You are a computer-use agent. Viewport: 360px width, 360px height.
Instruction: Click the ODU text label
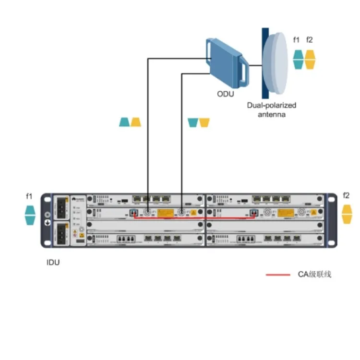tap(225, 94)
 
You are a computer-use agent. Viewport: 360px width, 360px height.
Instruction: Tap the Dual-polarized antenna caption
tap(271, 109)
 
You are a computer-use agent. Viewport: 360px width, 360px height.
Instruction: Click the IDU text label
tap(53, 262)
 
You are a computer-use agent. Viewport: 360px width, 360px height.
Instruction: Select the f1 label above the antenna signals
tap(297, 40)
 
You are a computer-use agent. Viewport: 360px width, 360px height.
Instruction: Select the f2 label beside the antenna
tap(310, 40)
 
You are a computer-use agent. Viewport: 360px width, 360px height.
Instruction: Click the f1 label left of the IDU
tap(29, 196)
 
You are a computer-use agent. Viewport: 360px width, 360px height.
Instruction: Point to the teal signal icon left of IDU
tap(30, 215)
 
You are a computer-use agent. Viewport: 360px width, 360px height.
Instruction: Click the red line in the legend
tap(278, 275)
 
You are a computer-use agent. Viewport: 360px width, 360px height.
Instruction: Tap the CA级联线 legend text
tap(314, 275)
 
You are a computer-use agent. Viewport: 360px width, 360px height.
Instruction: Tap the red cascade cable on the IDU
tap(192, 217)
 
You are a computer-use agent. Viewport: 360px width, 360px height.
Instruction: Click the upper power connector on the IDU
tap(62, 206)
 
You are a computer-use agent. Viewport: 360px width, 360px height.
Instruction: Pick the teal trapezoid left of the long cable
tap(124, 122)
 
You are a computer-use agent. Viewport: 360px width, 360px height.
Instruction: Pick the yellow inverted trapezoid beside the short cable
tap(204, 122)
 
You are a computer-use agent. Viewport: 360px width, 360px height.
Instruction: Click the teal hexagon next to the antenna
tap(298, 60)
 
